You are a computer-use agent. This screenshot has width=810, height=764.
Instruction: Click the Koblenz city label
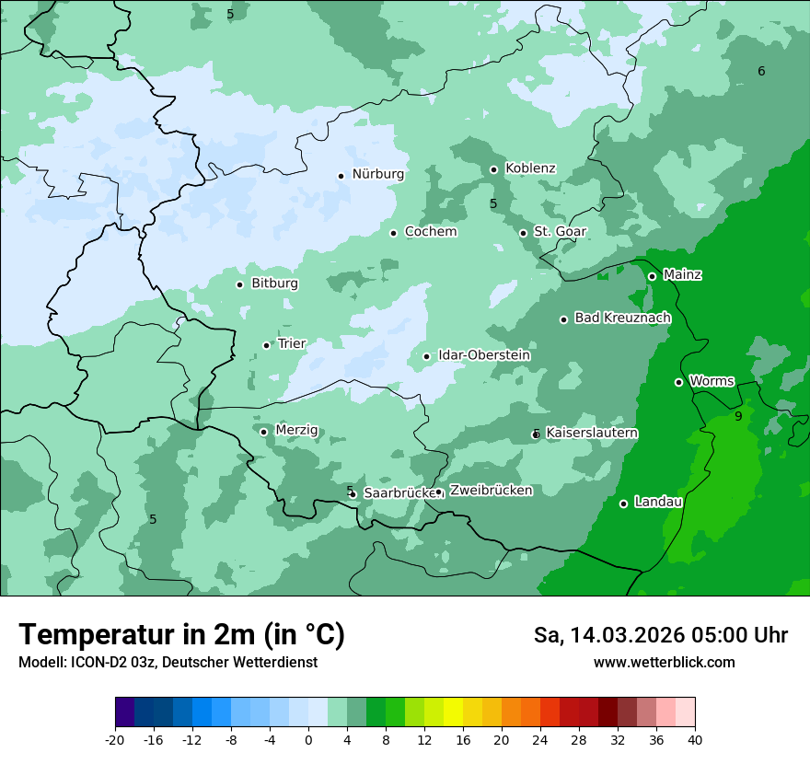click(x=530, y=168)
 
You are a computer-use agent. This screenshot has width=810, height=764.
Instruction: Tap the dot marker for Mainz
click(x=652, y=276)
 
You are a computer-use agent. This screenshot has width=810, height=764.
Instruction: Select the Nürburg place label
click(x=377, y=174)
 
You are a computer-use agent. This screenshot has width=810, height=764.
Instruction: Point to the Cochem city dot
click(x=393, y=233)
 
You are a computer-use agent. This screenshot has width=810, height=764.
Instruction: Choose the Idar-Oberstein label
click(x=483, y=355)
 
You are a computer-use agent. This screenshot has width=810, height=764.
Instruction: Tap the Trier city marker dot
click(x=267, y=345)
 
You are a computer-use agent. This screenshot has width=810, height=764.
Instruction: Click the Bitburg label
click(x=274, y=284)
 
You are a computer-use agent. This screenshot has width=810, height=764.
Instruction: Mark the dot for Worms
click(x=678, y=382)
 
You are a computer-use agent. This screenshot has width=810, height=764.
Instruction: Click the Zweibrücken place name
click(x=491, y=491)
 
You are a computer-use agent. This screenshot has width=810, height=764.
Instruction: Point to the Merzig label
click(x=296, y=431)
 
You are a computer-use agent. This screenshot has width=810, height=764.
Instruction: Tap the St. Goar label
click(x=560, y=232)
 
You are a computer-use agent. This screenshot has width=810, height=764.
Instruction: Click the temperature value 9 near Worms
click(x=738, y=417)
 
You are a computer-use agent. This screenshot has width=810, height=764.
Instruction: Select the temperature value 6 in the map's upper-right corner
click(x=761, y=72)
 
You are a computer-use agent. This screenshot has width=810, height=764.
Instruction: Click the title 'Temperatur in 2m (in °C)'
click(x=181, y=635)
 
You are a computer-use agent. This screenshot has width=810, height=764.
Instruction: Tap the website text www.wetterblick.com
click(x=664, y=663)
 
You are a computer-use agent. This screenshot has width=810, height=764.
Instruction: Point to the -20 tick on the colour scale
click(x=115, y=740)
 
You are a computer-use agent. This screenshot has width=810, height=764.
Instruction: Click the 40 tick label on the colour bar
click(x=695, y=740)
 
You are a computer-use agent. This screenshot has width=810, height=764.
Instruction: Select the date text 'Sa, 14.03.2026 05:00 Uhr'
click(x=660, y=635)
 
